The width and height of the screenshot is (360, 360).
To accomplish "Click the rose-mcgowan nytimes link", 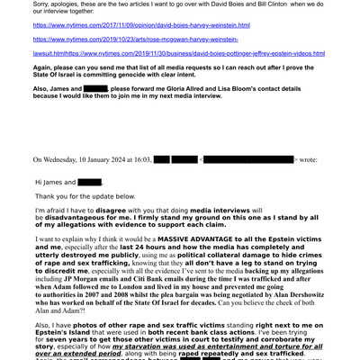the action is pos(135,40).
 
